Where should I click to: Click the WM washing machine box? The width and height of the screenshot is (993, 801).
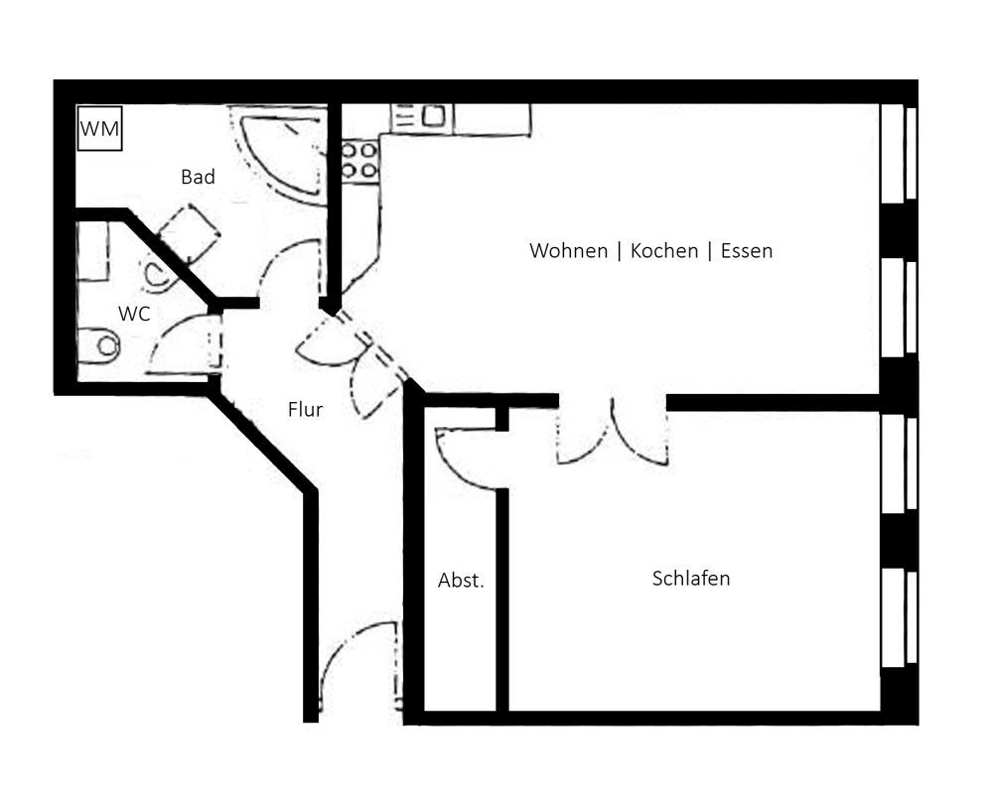pyautogui.click(x=99, y=129)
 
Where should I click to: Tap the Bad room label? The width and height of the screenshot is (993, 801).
pyautogui.click(x=198, y=177)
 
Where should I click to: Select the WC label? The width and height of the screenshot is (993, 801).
pyautogui.click(x=134, y=314)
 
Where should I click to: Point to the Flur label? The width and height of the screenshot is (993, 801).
pyautogui.click(x=305, y=410)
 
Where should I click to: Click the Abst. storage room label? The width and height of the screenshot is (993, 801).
pyautogui.click(x=461, y=580)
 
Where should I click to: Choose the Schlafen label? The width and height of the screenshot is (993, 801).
pyautogui.click(x=691, y=578)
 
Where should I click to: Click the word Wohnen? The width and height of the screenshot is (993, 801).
pyautogui.click(x=569, y=251)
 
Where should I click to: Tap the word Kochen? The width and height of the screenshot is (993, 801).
pyautogui.click(x=664, y=251)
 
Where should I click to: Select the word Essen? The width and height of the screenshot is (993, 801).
pyautogui.click(x=747, y=251)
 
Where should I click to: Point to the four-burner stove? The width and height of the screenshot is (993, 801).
pyautogui.click(x=359, y=161)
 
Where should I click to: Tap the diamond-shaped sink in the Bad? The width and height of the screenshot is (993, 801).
pyautogui.click(x=189, y=233)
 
